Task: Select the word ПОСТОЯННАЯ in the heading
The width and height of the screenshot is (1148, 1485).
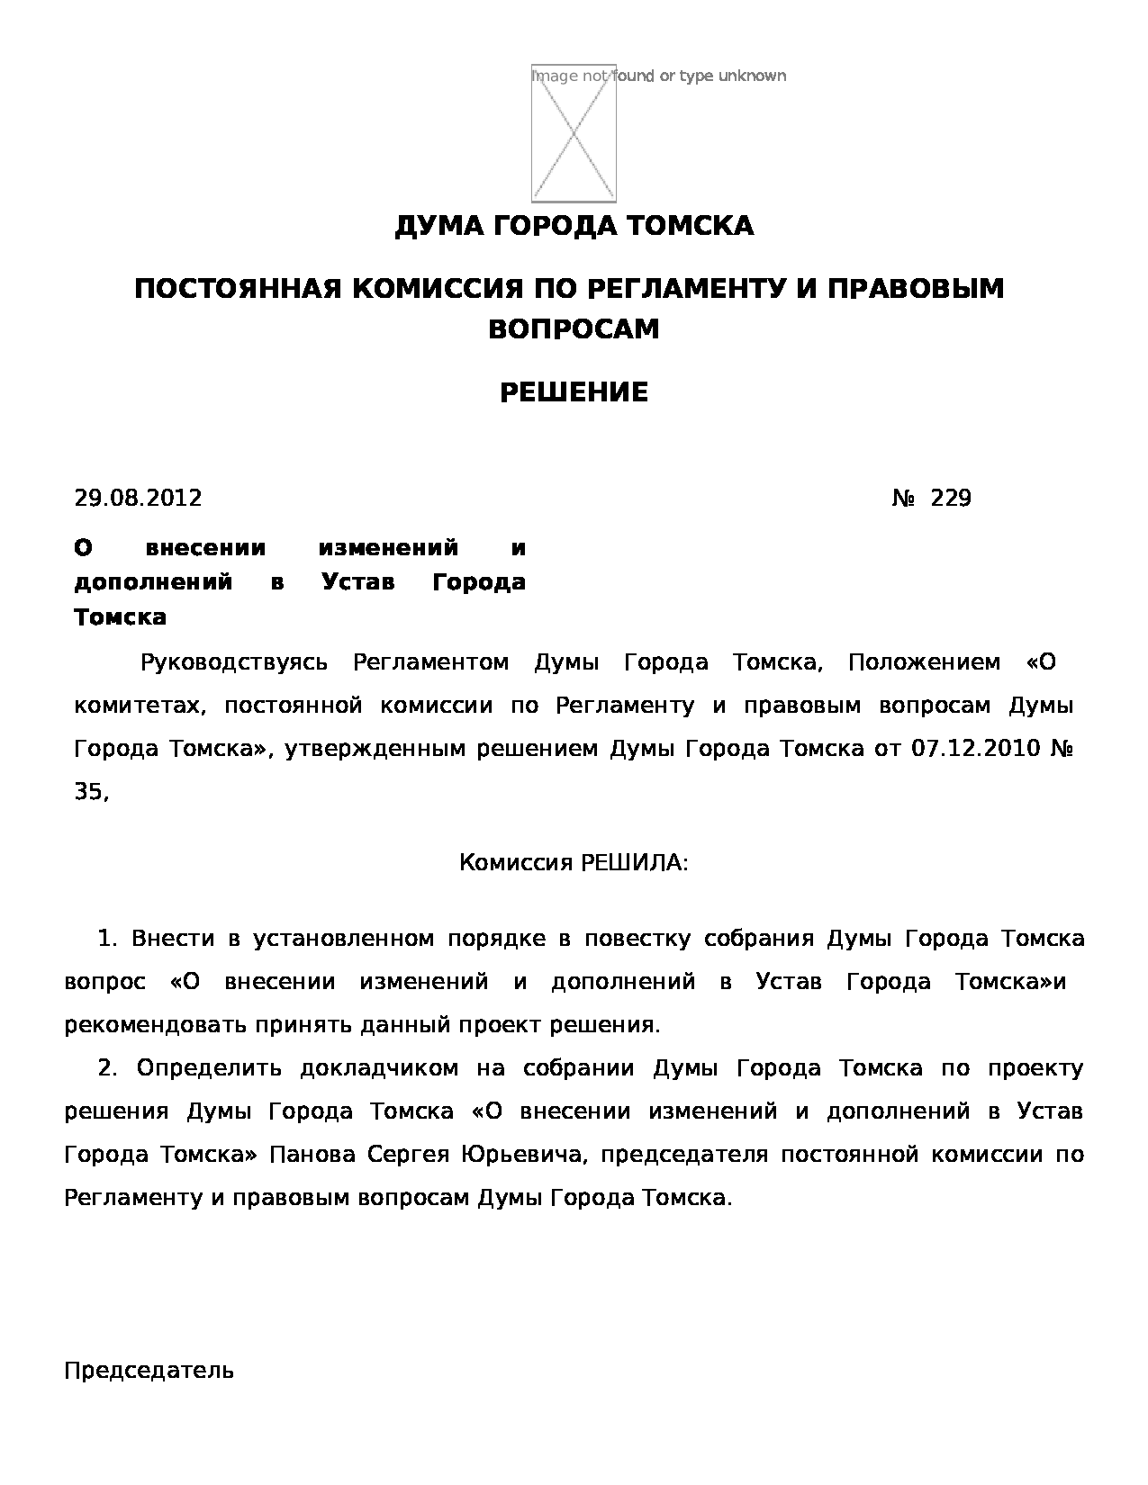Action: [237, 289]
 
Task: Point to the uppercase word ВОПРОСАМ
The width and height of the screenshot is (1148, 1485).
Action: [574, 329]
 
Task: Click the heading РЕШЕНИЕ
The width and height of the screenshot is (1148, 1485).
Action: [574, 392]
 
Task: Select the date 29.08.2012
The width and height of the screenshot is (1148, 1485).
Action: [138, 498]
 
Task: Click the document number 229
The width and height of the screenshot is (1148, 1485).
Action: [951, 498]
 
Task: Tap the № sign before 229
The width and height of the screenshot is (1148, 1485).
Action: [903, 498]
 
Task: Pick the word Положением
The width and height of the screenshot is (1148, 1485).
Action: [924, 663]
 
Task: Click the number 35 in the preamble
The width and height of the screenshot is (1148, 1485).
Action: [89, 792]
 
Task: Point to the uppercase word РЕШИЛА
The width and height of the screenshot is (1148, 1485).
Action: [629, 863]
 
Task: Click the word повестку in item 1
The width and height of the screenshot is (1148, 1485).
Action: [637, 939]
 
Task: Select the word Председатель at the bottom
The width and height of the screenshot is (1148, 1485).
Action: [149, 1371]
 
